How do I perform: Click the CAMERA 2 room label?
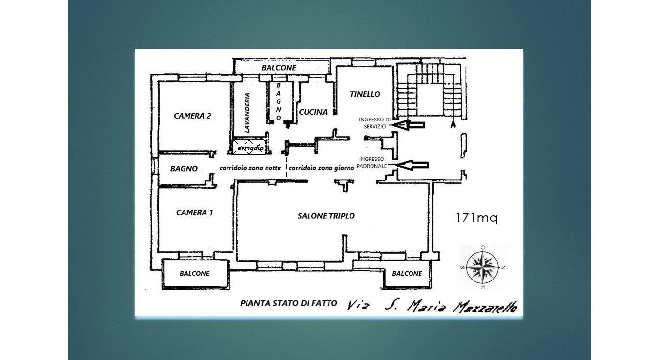tap(192, 116)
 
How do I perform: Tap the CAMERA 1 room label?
tap(194, 213)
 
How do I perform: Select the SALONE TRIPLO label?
tap(326, 216)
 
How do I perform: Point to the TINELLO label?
tap(365, 94)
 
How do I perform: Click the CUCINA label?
tap(313, 112)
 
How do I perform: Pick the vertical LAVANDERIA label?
tap(247, 113)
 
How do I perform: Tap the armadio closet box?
tap(250, 147)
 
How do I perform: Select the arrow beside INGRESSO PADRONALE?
tap(412, 165)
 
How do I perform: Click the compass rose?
tap(482, 267)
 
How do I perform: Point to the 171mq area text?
tap(476, 218)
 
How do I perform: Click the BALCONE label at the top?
tap(279, 68)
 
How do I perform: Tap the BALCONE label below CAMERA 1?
tap(194, 273)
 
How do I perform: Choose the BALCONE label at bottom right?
tap(407, 273)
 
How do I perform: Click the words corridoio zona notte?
tap(250, 168)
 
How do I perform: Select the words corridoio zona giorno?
tap(321, 168)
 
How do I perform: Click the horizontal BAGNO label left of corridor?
tap(184, 169)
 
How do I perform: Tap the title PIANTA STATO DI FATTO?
tap(288, 303)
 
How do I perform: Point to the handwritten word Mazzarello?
tap(485, 307)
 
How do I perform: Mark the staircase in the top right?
tap(430, 91)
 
